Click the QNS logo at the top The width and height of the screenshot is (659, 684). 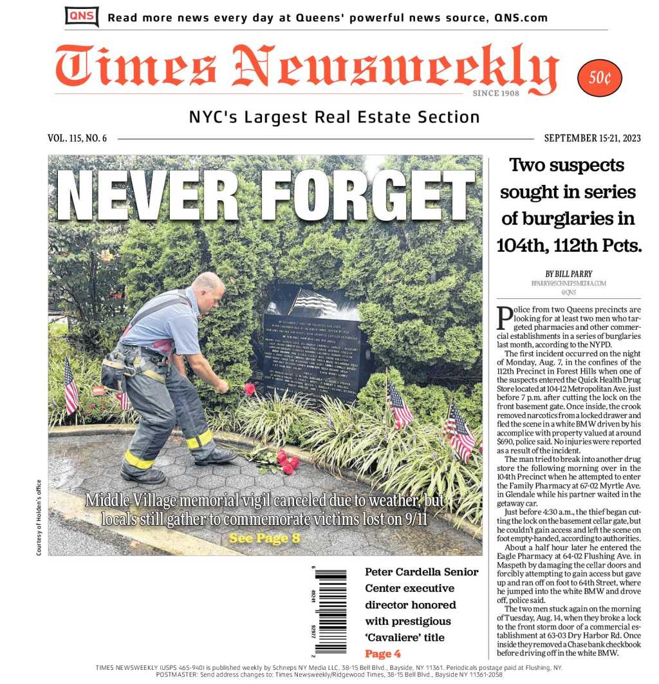[x=82, y=16]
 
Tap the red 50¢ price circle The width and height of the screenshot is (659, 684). [x=599, y=78]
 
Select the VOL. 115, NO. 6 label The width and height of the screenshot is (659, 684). [x=77, y=138]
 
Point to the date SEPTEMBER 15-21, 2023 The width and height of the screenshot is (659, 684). [x=592, y=138]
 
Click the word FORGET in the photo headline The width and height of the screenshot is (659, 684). [x=367, y=195]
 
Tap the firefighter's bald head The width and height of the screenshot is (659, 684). [x=209, y=287]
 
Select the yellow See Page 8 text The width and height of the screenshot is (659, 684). [x=265, y=538]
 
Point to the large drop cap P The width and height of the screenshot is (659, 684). [x=505, y=319]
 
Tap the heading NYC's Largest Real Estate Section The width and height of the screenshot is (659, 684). [x=334, y=117]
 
